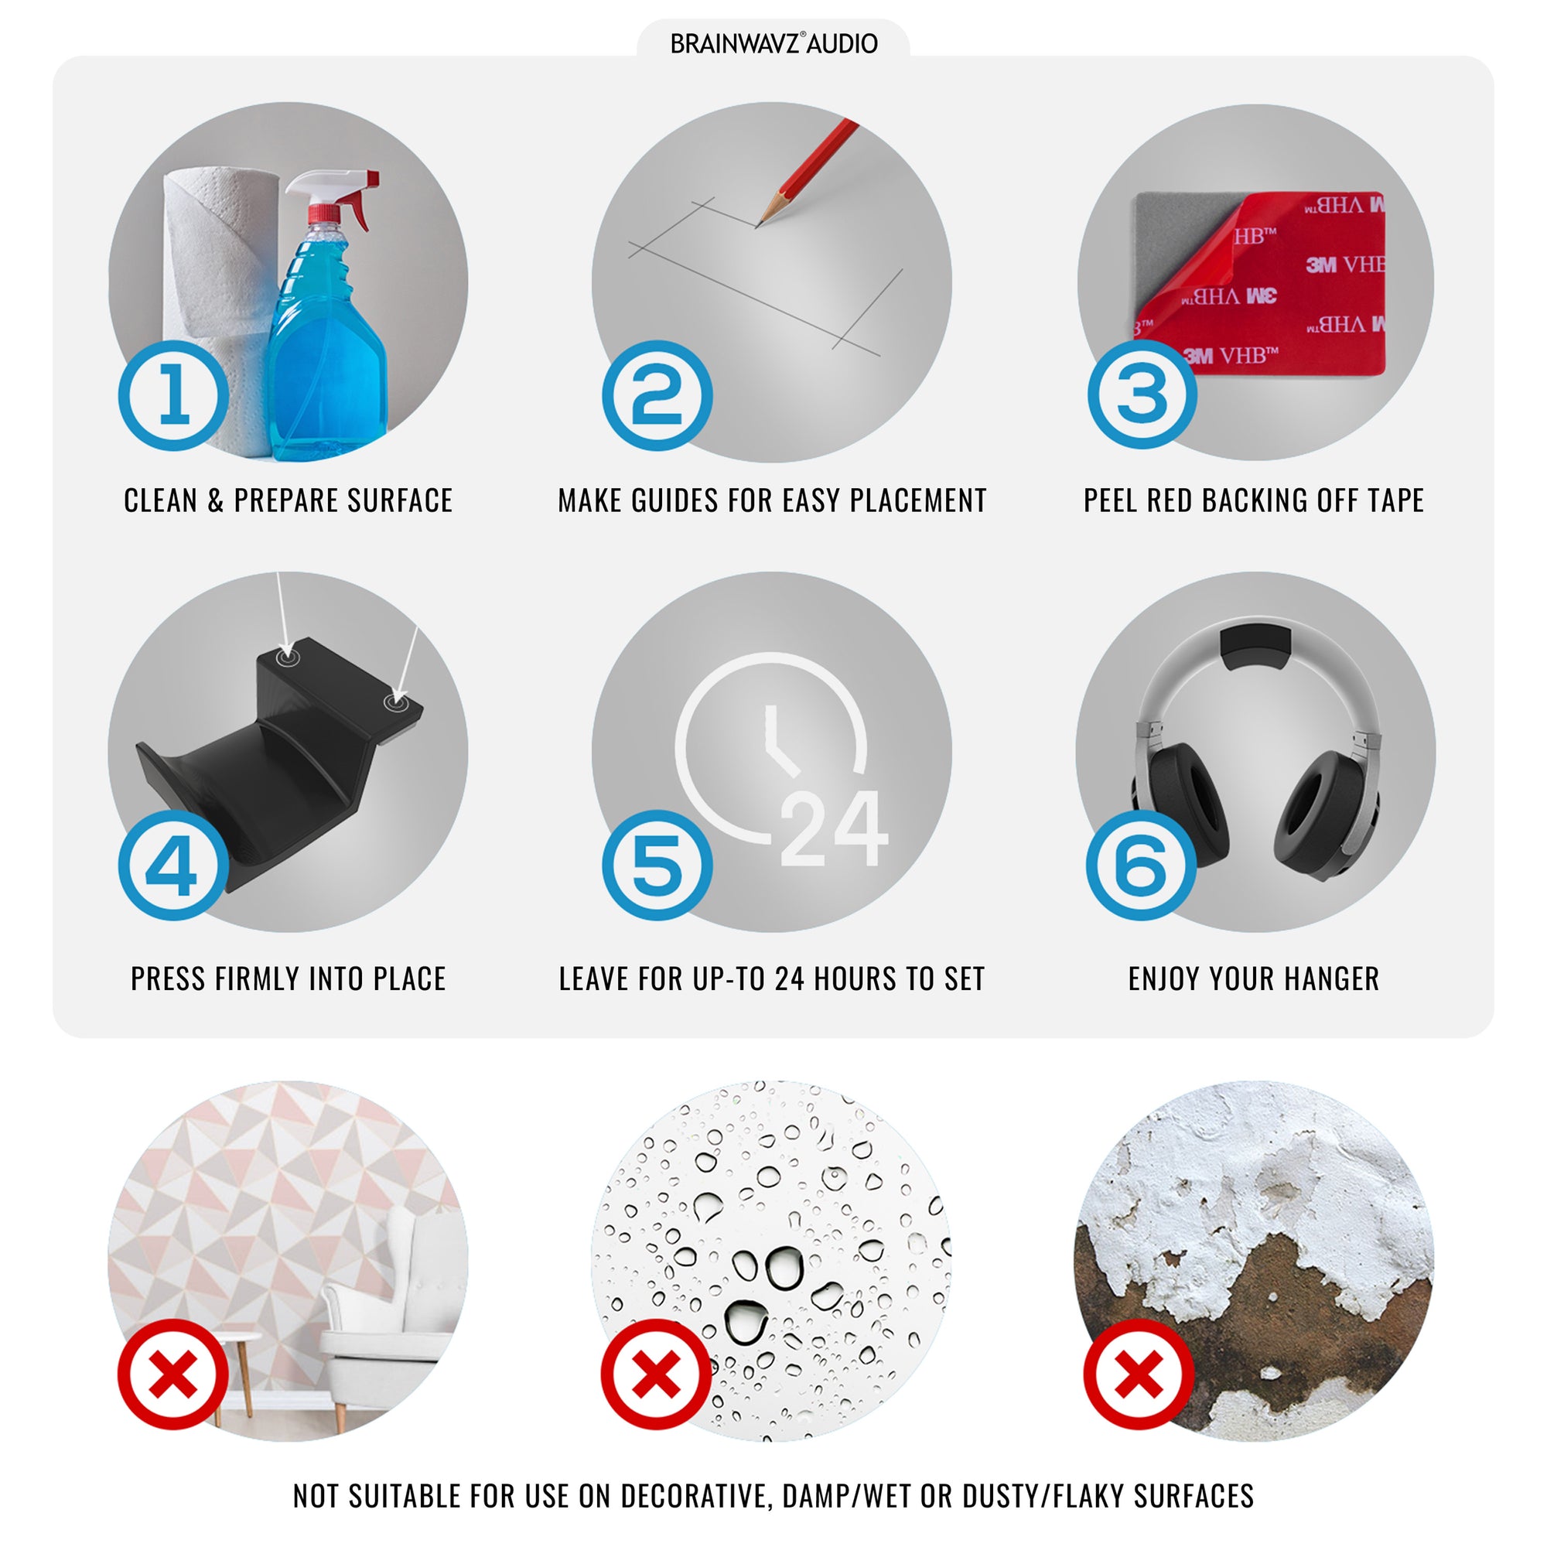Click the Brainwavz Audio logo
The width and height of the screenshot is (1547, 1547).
pyautogui.click(x=773, y=43)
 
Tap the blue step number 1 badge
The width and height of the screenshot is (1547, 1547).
pyautogui.click(x=174, y=395)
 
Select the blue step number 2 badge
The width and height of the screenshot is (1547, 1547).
pyautogui.click(x=657, y=395)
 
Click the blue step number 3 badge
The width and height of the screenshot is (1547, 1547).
pyautogui.click(x=1142, y=394)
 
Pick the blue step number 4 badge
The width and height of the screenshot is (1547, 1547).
pyautogui.click(x=174, y=865)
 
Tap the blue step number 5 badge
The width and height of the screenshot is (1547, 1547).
pyautogui.click(x=657, y=865)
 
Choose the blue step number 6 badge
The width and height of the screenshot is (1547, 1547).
pyautogui.click(x=1141, y=865)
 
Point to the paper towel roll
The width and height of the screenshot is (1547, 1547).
pyautogui.click(x=213, y=312)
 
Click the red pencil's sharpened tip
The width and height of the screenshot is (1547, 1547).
pyautogui.click(x=757, y=225)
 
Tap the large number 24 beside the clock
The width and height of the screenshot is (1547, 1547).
pyautogui.click(x=834, y=828)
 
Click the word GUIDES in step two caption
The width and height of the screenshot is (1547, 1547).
pyautogui.click(x=675, y=500)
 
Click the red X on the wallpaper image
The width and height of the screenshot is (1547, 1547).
pyautogui.click(x=173, y=1374)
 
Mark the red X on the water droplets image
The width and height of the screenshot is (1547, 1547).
pyautogui.click(x=657, y=1374)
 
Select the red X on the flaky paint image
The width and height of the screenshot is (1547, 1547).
pyautogui.click(x=1139, y=1374)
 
